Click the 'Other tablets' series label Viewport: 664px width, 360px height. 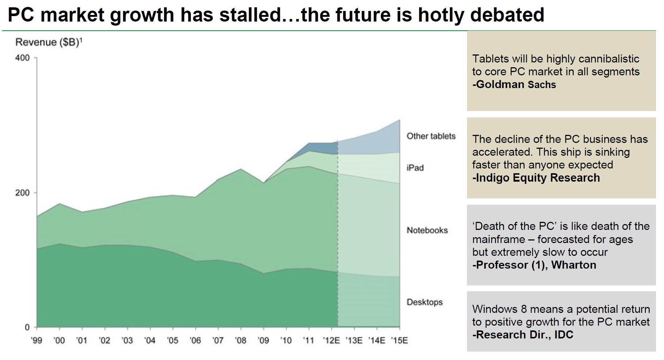[x=431, y=136]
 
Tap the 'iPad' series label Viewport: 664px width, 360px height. [x=415, y=168]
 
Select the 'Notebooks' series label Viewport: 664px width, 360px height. [x=427, y=230]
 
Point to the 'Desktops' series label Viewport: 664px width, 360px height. [x=424, y=302]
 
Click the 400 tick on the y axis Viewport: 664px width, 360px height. [x=22, y=58]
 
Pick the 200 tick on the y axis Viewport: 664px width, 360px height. [x=22, y=193]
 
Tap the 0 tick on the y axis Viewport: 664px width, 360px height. [x=27, y=327]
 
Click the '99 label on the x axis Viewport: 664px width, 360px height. [x=36, y=341]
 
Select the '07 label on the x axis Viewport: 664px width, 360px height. [x=218, y=341]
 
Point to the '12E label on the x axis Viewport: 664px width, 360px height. [x=331, y=341]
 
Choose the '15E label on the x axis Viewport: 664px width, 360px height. [x=399, y=341]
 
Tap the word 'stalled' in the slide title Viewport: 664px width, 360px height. [x=250, y=15]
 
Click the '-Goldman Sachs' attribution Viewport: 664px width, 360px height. [x=514, y=84]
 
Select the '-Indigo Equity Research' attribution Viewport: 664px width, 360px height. [x=536, y=178]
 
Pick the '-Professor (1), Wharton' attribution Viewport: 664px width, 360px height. [x=534, y=265]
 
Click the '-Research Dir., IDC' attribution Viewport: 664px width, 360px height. [x=523, y=334]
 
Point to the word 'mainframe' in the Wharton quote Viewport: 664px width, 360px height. [x=498, y=239]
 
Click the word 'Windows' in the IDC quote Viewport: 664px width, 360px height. [x=495, y=309]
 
